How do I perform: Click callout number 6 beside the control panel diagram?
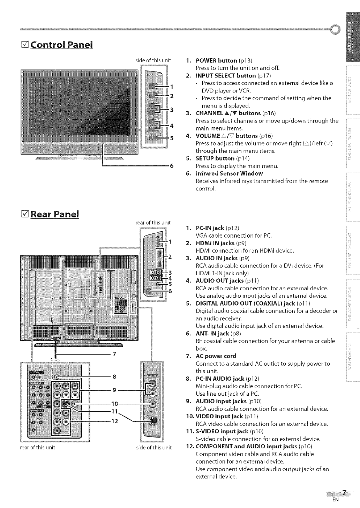tap(171, 166)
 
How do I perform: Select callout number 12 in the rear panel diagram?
tap(114, 421)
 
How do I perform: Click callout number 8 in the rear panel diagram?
tap(114, 376)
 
